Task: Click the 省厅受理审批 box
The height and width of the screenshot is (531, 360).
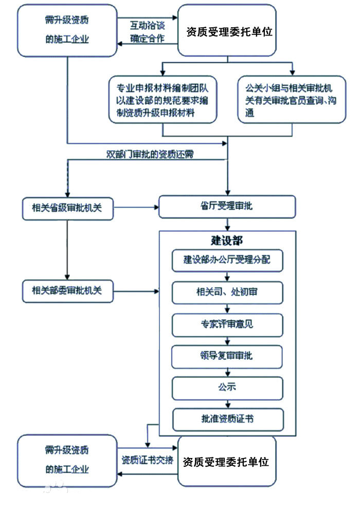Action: (x=227, y=207)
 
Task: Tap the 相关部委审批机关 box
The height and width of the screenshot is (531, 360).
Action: (x=68, y=291)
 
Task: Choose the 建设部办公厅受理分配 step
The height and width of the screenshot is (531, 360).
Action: (x=227, y=260)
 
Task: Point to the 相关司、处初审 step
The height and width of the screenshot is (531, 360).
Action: (x=227, y=292)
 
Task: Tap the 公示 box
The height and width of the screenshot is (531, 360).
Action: (x=227, y=388)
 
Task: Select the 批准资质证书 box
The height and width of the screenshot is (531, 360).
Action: (x=227, y=419)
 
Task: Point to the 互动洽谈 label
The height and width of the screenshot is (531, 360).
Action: (x=148, y=24)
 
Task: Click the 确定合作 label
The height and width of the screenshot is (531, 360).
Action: (x=148, y=38)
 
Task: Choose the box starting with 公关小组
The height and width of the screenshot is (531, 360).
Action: (x=292, y=99)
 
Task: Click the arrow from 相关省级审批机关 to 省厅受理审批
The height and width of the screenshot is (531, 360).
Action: (x=136, y=208)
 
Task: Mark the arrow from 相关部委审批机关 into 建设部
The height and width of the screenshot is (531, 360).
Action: (x=136, y=291)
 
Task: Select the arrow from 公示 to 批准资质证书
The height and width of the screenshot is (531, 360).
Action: (x=227, y=404)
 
